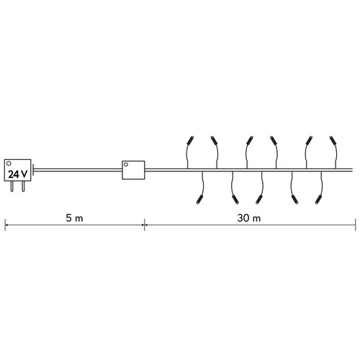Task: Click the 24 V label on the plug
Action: [17, 174]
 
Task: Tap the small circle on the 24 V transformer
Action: [9, 163]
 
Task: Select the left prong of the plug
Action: [12, 186]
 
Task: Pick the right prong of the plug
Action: [23, 186]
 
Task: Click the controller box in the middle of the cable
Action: [133, 170]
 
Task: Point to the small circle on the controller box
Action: [126, 164]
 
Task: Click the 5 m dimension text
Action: [74, 218]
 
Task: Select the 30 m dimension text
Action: [249, 218]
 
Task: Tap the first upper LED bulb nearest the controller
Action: [190, 140]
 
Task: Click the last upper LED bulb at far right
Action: [333, 140]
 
